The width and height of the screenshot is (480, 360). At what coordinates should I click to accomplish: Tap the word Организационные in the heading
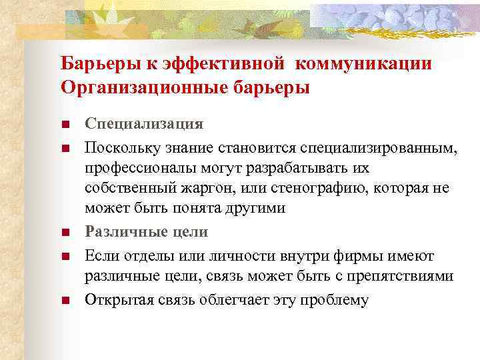133,87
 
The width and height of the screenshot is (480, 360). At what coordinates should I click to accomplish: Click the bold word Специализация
144,124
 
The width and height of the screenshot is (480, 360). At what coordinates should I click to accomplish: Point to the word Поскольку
117,146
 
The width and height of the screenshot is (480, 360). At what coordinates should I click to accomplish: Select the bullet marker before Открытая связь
65,300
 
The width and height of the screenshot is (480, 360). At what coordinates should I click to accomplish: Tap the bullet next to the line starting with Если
65,257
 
